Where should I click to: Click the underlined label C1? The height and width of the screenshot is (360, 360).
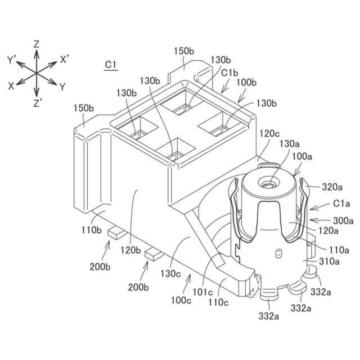pyautogui.click(x=111, y=65)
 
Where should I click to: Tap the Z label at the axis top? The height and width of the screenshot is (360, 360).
pyautogui.click(x=36, y=43)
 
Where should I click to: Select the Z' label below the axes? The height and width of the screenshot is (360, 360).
pyautogui.click(x=37, y=103)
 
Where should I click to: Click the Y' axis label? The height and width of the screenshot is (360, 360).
pyautogui.click(x=12, y=58)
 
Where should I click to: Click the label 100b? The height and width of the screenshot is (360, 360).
pyautogui.click(x=246, y=83)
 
